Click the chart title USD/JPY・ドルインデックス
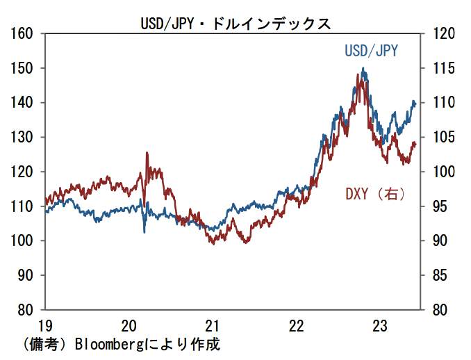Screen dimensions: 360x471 tap(235, 23)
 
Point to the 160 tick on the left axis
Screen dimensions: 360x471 tap(24, 33)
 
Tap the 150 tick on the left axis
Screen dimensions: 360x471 tap(24, 68)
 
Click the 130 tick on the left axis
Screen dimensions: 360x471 tap(24, 137)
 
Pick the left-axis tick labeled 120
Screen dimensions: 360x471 tap(24, 172)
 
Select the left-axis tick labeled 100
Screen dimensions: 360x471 tap(24, 240)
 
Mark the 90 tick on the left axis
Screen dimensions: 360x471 tap(28, 275)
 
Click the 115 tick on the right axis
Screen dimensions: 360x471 tap(443, 68)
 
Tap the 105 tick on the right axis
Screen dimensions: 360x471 tap(443, 137)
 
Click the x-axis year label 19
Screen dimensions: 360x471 tap(45, 325)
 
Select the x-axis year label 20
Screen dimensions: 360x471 tap(129, 325)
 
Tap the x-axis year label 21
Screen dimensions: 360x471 tap(213, 325)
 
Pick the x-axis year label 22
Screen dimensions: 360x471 tap(297, 325)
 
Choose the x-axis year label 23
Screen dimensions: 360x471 tap(380, 325)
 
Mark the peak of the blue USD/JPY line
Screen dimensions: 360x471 tap(363, 68)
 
